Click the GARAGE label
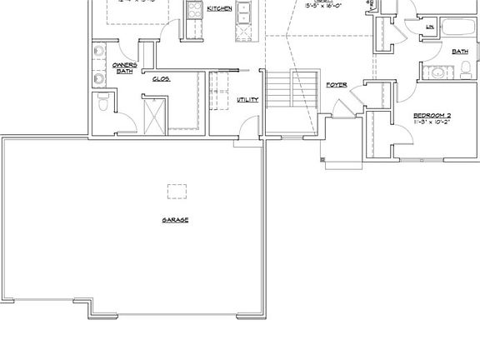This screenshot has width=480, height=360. pyautogui.click(x=175, y=220)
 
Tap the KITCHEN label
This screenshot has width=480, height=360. pyautogui.click(x=219, y=8)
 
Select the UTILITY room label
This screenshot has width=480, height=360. pyautogui.click(x=247, y=100)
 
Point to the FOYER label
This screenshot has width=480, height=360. pyautogui.click(x=337, y=85)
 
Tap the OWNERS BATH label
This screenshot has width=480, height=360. pyautogui.click(x=124, y=67)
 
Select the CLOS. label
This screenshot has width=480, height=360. pyautogui.click(x=161, y=79)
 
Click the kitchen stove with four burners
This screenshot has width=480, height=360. pyautogui.click(x=195, y=10)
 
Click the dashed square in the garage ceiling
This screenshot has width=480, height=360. pyautogui.click(x=176, y=191)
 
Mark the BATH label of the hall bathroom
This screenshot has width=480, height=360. pyautogui.click(x=459, y=52)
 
